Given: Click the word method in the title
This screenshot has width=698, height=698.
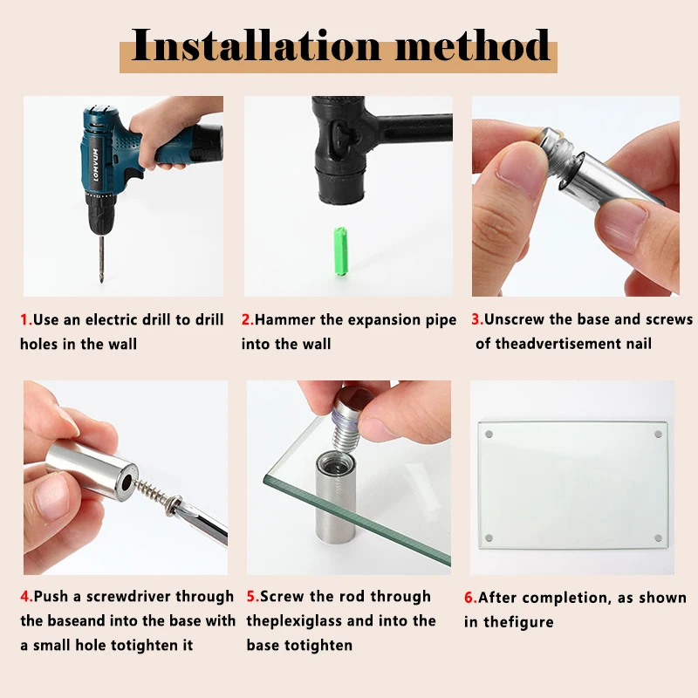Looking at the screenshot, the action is pos(472,45).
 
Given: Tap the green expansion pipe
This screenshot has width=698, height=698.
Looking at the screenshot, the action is pos(340,251).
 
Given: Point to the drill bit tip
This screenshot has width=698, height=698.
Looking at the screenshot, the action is pos(102,280).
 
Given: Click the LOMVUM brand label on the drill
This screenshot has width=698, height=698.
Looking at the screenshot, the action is pos(96,165).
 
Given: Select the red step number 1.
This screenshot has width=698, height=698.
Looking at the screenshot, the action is pos(26,319).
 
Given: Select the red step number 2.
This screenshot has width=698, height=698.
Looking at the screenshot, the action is pos(248,319).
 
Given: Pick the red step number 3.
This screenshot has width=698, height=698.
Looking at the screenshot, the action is pos(477,319).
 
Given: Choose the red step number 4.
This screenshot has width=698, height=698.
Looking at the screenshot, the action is pos(27,596).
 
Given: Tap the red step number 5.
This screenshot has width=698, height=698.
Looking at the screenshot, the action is pos(253,596).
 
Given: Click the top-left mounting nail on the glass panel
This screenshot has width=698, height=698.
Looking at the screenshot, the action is pos(489,434).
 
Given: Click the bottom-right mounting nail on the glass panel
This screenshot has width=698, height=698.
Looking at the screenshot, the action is pos(659,538).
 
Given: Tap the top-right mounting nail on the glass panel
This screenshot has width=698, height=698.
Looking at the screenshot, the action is pos(658,434).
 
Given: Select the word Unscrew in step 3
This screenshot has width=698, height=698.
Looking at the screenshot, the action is pos(514,319).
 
